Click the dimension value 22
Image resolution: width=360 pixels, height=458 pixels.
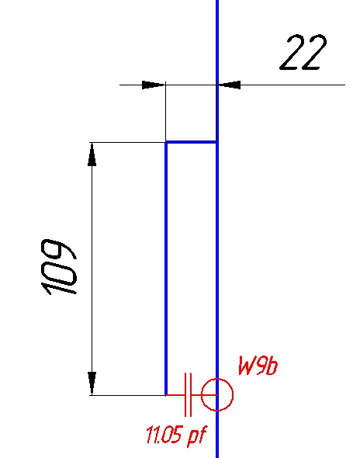(303, 53)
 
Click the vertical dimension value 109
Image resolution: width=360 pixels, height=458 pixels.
(59, 267)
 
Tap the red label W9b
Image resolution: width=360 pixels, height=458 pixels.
(258, 366)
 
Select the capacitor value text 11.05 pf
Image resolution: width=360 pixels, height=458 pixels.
(176, 435)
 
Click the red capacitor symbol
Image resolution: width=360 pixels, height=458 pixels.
(188, 394)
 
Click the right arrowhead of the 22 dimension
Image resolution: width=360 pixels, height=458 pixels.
(229, 85)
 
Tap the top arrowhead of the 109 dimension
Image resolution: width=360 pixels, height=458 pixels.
(92, 154)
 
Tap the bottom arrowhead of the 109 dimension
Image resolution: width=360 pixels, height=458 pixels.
(92, 383)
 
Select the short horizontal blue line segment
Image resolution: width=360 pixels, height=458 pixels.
(191, 142)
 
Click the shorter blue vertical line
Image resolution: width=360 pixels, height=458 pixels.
(166, 269)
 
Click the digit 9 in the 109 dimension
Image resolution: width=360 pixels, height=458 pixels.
(59, 250)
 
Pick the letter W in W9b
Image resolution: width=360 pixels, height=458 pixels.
(247, 366)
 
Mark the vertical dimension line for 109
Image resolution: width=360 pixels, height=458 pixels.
(92, 269)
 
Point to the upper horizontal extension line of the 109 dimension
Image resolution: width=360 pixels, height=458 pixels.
(127, 143)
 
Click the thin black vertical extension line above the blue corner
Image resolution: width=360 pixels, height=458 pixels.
(165, 112)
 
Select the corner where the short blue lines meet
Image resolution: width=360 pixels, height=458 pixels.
(166, 142)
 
